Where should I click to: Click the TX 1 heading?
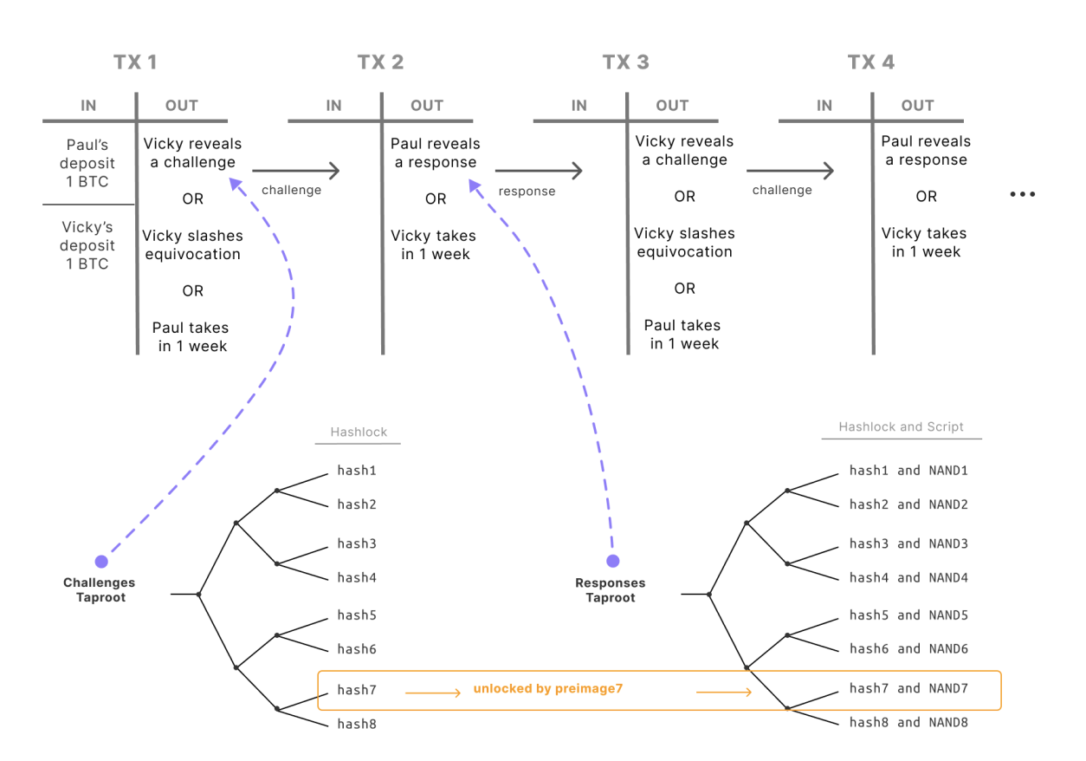pyautogui.click(x=135, y=62)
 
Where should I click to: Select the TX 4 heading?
pyautogui.click(x=871, y=62)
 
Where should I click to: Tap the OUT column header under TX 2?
pyautogui.click(x=427, y=106)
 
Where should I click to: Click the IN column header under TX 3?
pyautogui.click(x=579, y=106)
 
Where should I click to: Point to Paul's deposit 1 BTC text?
pyautogui.click(x=87, y=163)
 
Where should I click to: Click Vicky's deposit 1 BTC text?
pyautogui.click(x=87, y=245)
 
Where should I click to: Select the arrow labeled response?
pyautogui.click(x=539, y=171)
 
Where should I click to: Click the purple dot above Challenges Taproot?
pyautogui.click(x=101, y=562)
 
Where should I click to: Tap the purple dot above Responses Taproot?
pyautogui.click(x=613, y=561)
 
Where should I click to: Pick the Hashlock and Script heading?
pyautogui.click(x=901, y=426)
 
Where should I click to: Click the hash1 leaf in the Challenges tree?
pyautogui.click(x=357, y=471)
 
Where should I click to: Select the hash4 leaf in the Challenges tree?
pyautogui.click(x=357, y=577)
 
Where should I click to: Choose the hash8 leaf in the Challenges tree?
pyautogui.click(x=357, y=724)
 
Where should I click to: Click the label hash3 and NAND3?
pyautogui.click(x=908, y=543)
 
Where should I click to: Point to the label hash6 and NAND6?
pyautogui.click(x=908, y=649)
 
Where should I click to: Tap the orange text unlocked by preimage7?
pyautogui.click(x=548, y=689)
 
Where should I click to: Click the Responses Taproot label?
pyautogui.click(x=611, y=589)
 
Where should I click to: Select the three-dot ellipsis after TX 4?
pyautogui.click(x=1023, y=194)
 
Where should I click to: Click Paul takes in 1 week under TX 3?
pyautogui.click(x=682, y=335)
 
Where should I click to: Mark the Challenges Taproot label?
pyautogui.click(x=100, y=589)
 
